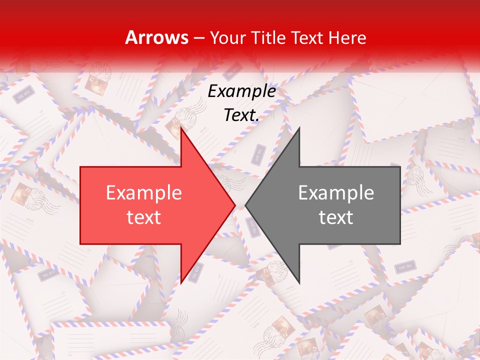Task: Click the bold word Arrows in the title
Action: (x=156, y=37)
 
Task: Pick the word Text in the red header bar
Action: (x=309, y=37)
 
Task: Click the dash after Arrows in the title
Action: (x=198, y=38)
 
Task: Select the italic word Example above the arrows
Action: (x=241, y=91)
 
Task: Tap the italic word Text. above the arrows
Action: (x=241, y=115)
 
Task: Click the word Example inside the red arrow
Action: (x=144, y=193)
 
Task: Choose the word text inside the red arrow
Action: (x=144, y=217)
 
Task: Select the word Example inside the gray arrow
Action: (x=336, y=193)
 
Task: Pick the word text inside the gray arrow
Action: (x=336, y=217)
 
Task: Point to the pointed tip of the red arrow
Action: (x=235, y=205)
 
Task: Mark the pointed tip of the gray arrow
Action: (x=245, y=205)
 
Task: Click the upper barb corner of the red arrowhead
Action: (x=181, y=128)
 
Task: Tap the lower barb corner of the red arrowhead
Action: (x=181, y=282)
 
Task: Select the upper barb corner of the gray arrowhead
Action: (x=299, y=128)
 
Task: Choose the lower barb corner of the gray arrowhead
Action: (x=299, y=282)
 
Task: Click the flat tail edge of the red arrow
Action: (x=80, y=205)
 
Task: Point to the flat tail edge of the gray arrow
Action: (x=400, y=205)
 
